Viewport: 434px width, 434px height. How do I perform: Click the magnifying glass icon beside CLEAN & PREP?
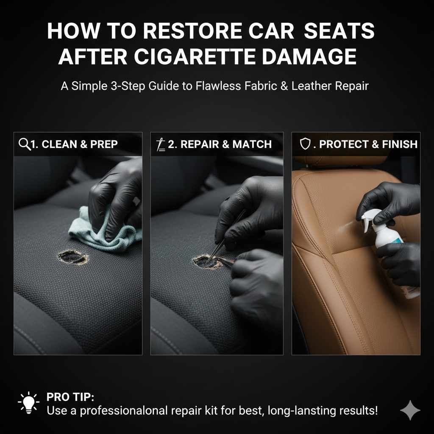click(25, 144)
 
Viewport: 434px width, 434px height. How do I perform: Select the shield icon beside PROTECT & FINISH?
click(305, 144)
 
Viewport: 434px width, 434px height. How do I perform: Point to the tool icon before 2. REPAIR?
click(161, 144)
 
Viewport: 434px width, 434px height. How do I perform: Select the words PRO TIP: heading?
click(70, 398)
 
